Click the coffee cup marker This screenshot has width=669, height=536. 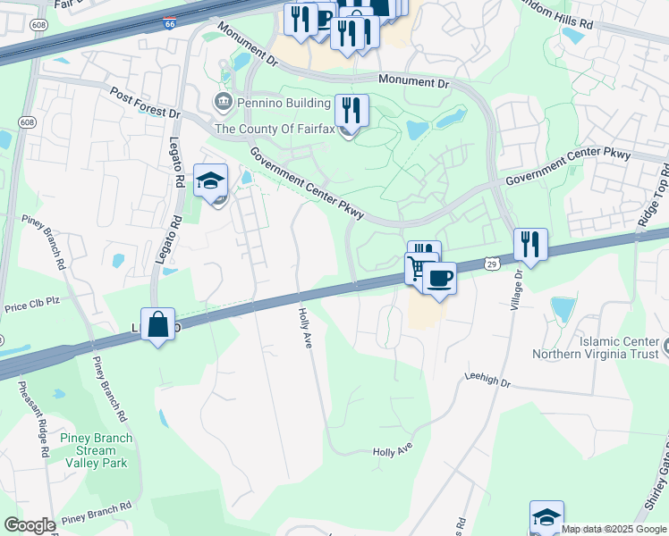439,278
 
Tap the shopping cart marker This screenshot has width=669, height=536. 419,268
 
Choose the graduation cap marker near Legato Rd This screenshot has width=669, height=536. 211,181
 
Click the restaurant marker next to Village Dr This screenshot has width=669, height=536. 530,245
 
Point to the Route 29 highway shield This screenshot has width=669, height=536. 492,264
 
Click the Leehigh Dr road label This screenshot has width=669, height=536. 487,380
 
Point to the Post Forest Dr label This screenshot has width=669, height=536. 145,103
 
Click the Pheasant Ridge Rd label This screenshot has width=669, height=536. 33,420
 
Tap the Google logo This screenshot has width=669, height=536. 30,525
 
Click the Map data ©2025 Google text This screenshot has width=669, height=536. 614,529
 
